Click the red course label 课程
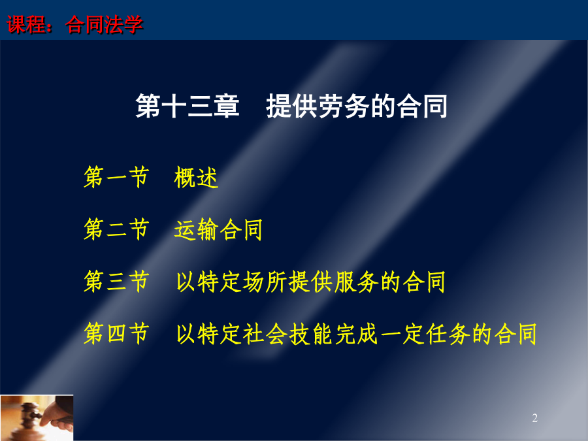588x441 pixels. click(25, 25)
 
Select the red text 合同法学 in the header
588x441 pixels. click(105, 25)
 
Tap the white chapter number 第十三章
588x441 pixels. click(187, 106)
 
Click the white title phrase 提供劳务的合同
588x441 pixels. click(357, 106)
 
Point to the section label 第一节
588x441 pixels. click(117, 176)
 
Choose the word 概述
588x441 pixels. click(196, 177)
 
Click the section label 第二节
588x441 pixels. click(117, 229)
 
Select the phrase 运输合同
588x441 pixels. click(218, 229)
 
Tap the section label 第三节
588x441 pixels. click(117, 281)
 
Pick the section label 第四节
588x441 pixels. click(117, 333)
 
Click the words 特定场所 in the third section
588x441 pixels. click(242, 282)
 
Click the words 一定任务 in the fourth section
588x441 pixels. click(425, 334)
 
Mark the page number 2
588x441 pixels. click(534, 417)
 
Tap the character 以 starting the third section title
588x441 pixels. click(186, 282)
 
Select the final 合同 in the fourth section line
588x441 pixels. click(515, 334)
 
